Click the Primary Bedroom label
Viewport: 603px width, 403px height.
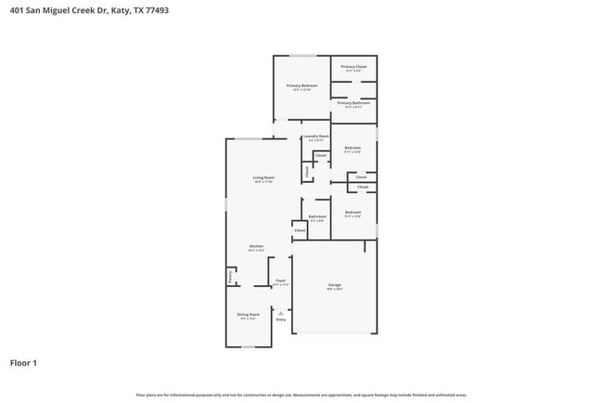coord(301,85)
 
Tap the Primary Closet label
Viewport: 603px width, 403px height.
coord(353,67)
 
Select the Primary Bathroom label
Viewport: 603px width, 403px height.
coord(353,103)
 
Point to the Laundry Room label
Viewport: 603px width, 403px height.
coord(316,136)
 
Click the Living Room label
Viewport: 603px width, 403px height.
coord(263,177)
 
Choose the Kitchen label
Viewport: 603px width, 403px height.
coord(256,247)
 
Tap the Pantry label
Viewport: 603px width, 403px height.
coord(229,276)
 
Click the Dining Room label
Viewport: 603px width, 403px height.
coord(248,315)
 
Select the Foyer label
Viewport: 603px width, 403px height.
coord(280,280)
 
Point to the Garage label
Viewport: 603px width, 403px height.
coord(334,285)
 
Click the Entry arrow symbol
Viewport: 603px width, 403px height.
coord(280,313)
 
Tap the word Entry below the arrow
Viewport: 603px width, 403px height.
coord(280,320)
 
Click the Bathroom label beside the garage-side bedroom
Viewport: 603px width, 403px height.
coord(317,216)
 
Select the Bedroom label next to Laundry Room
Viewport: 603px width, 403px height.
coord(353,148)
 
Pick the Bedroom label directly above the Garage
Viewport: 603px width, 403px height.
coord(353,213)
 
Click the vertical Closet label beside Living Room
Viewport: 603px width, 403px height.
coord(307,171)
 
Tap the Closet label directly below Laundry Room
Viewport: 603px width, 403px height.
coord(320,155)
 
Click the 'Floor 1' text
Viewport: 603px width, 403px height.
coord(23,362)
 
